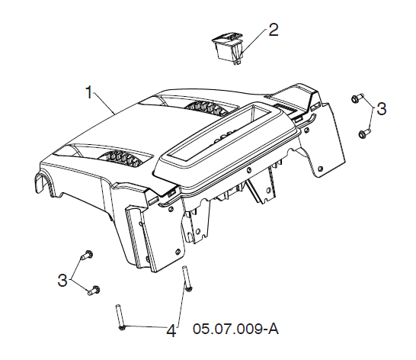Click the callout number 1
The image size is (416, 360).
[x=90, y=92]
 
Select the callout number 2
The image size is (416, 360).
[x=274, y=30]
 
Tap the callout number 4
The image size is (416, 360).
[x=171, y=331]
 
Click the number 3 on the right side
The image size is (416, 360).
[x=382, y=108]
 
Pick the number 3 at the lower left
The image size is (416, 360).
[x=62, y=280]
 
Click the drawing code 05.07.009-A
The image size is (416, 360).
[x=236, y=329]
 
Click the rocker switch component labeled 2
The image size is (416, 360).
[x=228, y=48]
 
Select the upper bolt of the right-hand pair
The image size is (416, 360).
[x=357, y=98]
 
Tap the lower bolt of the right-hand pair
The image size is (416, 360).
[x=364, y=133]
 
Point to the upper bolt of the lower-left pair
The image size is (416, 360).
[x=87, y=256]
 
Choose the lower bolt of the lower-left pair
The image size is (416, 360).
[x=94, y=290]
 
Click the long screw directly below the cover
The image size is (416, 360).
[x=187, y=278]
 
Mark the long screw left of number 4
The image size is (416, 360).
[x=120, y=317]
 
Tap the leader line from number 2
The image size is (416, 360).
[x=254, y=42]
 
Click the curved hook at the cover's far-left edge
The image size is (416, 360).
[x=43, y=183]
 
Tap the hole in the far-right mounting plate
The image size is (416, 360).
[x=321, y=169]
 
